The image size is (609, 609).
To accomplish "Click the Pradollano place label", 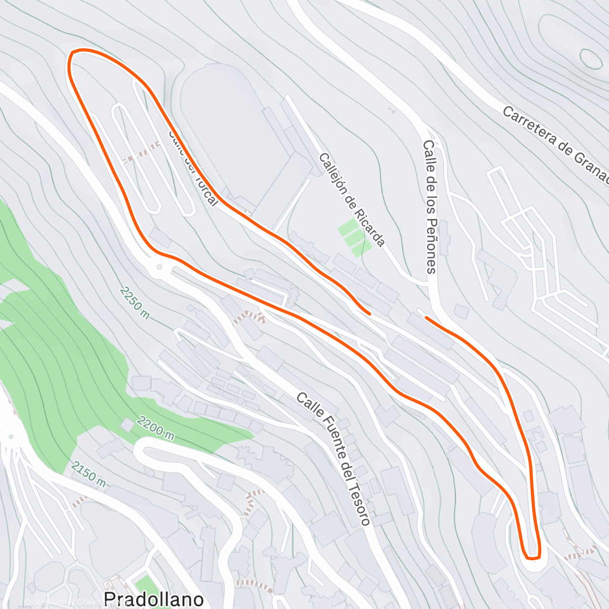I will (154, 599).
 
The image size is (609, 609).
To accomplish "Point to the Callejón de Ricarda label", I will (352, 199).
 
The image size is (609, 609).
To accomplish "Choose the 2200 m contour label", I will (156, 429).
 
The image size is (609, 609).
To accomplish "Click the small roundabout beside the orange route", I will (159, 267).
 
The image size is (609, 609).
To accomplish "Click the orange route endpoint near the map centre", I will (369, 313).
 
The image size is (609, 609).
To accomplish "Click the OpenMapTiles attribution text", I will (50, 602).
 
